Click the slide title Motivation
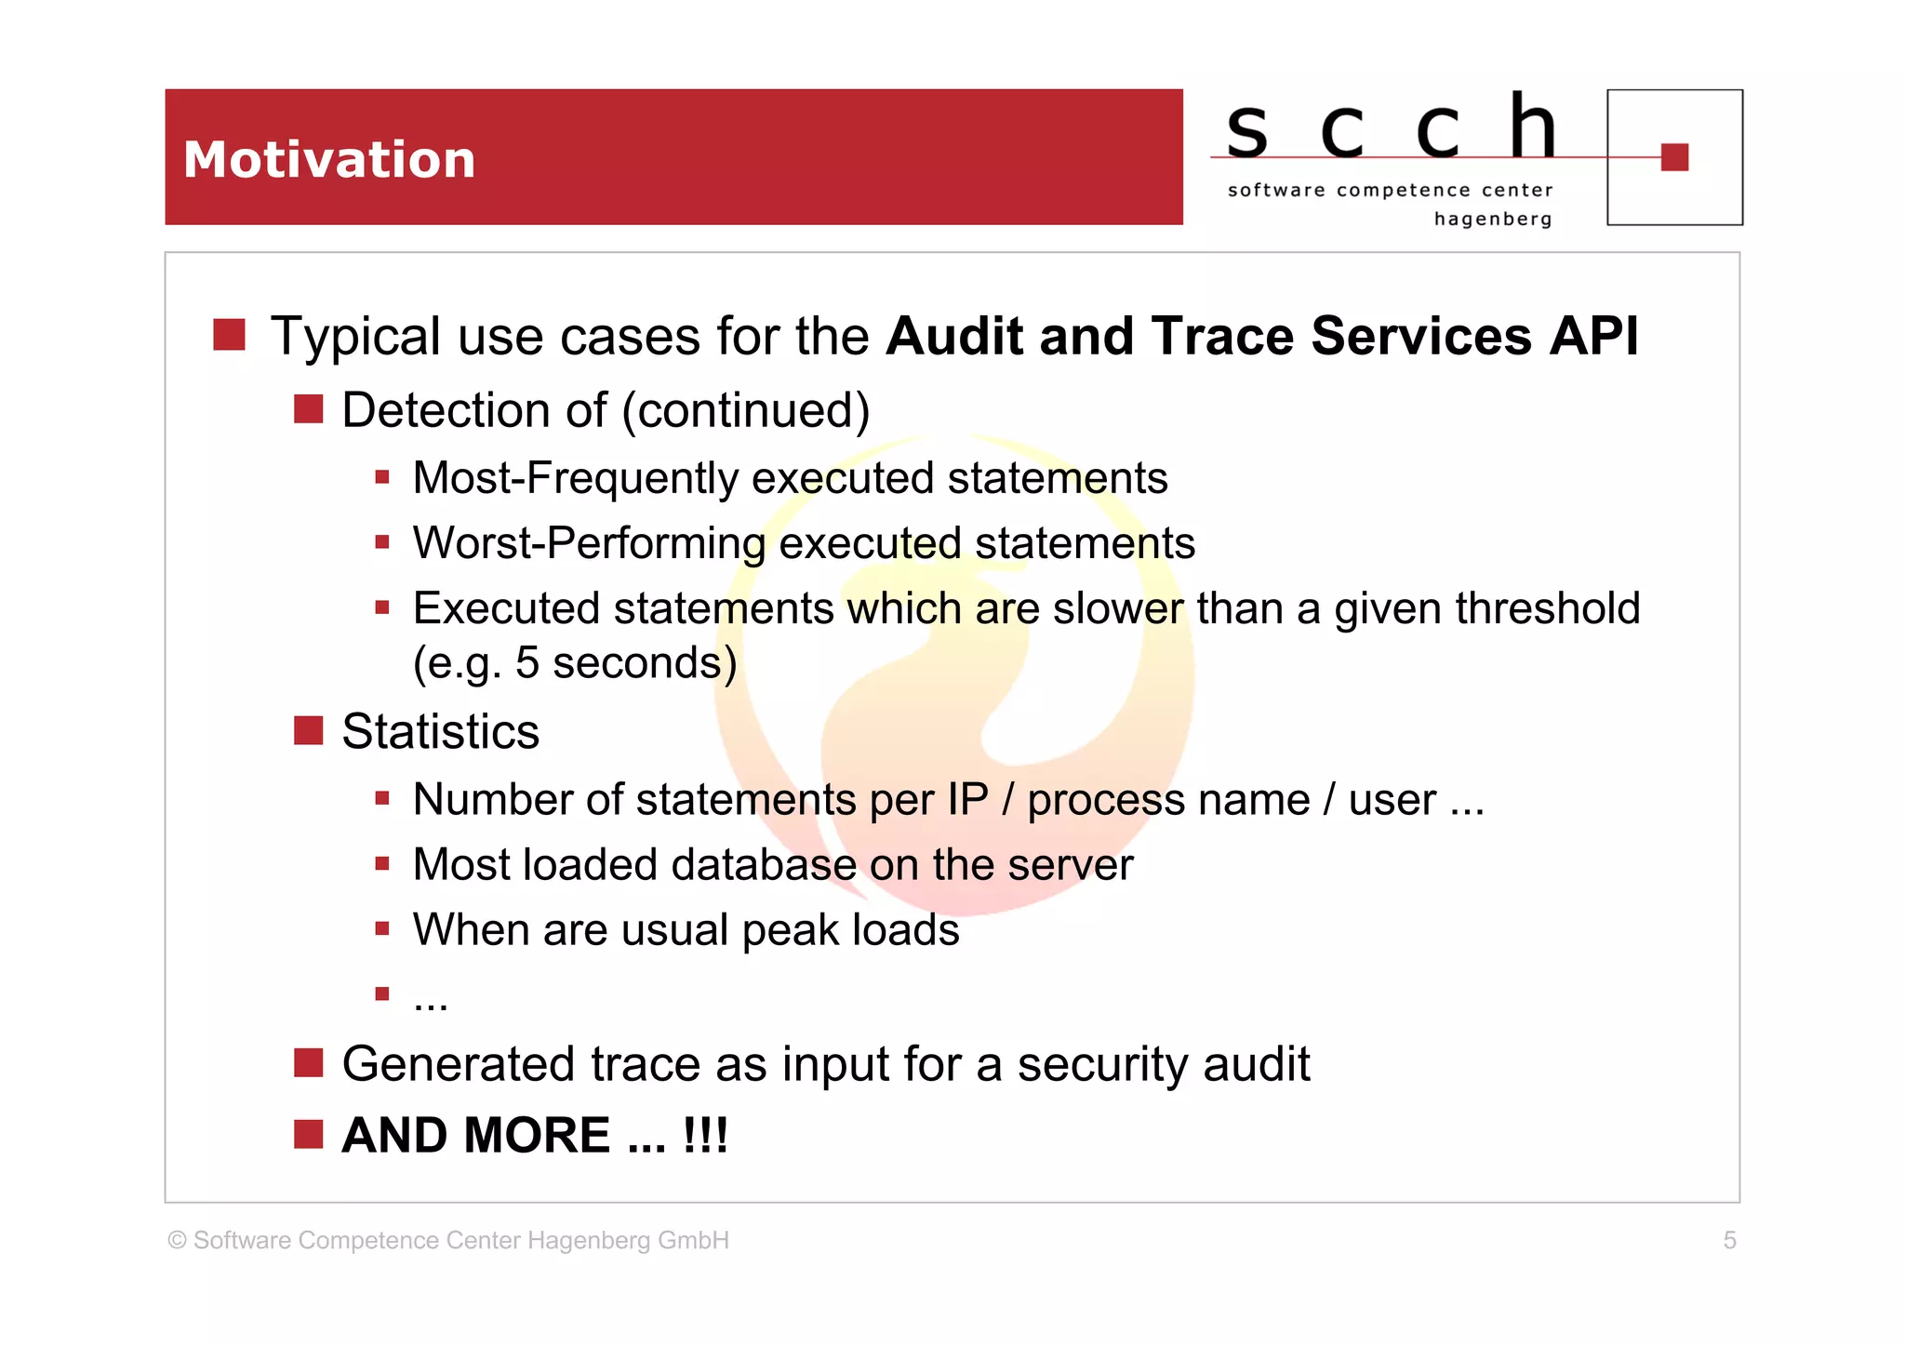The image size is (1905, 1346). [x=329, y=159]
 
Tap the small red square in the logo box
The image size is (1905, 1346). [x=1674, y=157]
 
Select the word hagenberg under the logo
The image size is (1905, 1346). [x=1492, y=220]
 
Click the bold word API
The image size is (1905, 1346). [x=1592, y=336]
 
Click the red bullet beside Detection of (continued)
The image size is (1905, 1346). [x=308, y=409]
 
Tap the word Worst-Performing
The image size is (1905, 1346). [x=589, y=544]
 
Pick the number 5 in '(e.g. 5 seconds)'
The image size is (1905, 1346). [x=527, y=663]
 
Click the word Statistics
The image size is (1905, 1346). [x=440, y=731]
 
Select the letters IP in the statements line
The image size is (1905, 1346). [x=966, y=800]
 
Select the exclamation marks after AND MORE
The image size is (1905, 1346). [x=705, y=1136]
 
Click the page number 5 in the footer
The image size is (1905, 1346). [x=1729, y=1240]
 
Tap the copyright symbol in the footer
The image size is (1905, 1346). [x=177, y=1241]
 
